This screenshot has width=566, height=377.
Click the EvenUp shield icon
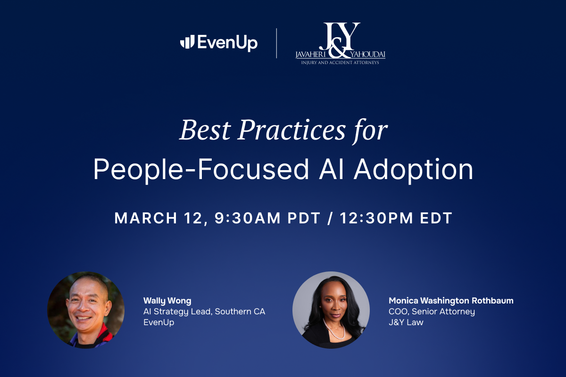[187, 42]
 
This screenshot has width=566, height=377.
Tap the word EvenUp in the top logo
[227, 42]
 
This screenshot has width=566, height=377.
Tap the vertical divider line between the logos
[277, 43]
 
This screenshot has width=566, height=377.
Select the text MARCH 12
[159, 218]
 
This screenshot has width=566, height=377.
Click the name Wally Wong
[167, 301]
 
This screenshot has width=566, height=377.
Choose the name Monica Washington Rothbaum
[451, 301]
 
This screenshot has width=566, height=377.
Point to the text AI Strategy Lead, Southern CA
[204, 312]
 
